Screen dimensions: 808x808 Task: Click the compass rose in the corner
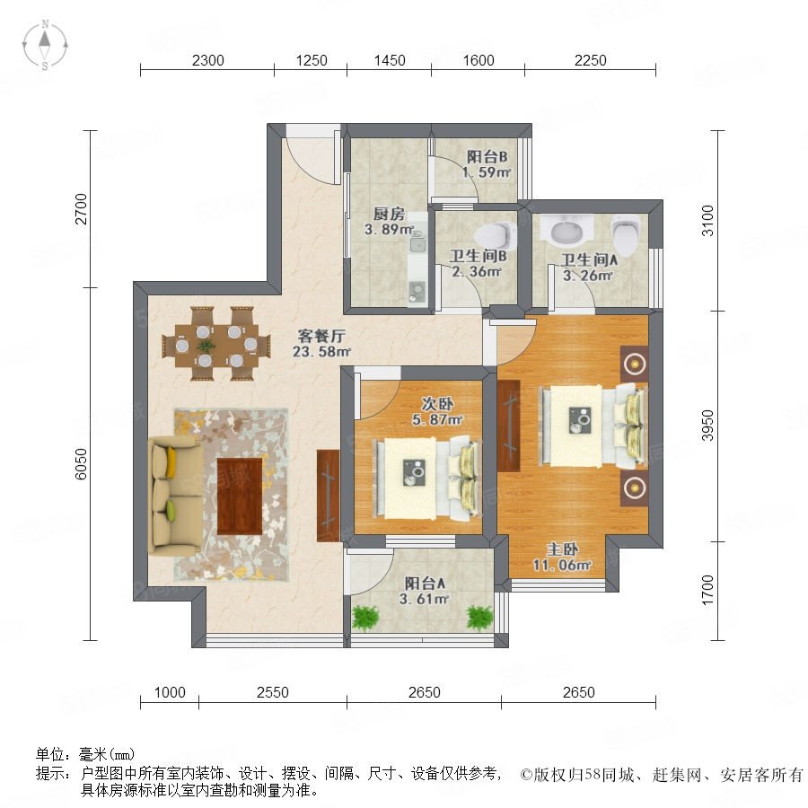pos(46,45)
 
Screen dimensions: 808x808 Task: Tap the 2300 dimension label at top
pos(207,61)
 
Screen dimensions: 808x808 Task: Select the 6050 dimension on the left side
pos(81,464)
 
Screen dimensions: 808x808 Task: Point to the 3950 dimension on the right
pos(708,426)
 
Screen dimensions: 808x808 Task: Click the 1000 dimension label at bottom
pos(170,692)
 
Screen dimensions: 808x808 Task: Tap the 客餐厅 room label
pos(321,336)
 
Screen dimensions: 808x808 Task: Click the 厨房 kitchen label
pos(389,214)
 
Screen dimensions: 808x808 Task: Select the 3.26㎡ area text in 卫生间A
pos(587,276)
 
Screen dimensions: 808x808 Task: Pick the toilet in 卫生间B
pos(495,235)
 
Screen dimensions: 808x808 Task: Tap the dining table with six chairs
pos(216,344)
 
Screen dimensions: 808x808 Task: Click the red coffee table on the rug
pos(240,496)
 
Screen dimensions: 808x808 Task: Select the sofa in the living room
pos(175,496)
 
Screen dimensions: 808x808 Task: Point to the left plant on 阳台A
pos(365,618)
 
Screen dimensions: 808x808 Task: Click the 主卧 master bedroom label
pos(562,549)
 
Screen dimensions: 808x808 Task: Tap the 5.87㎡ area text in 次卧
pos(437,420)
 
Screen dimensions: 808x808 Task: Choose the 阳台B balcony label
pos(487,156)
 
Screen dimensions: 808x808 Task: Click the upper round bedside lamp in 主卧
pos(635,364)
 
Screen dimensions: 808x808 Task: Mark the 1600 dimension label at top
pos(479,61)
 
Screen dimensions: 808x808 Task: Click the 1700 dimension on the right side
pos(708,590)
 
